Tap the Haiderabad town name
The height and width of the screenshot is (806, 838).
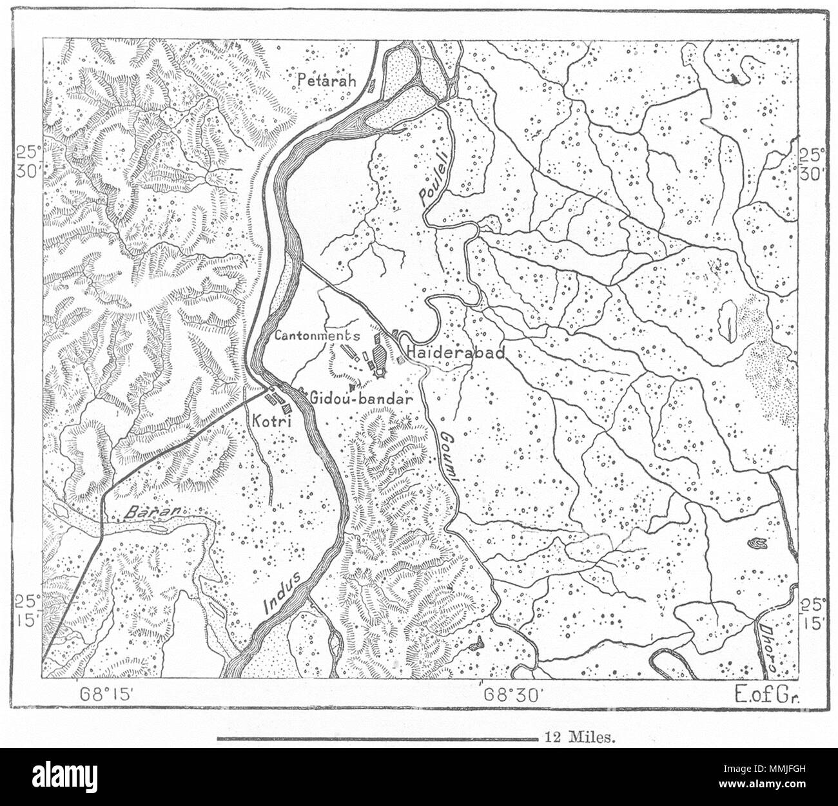coord(454,353)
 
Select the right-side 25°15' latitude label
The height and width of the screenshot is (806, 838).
coord(810,613)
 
